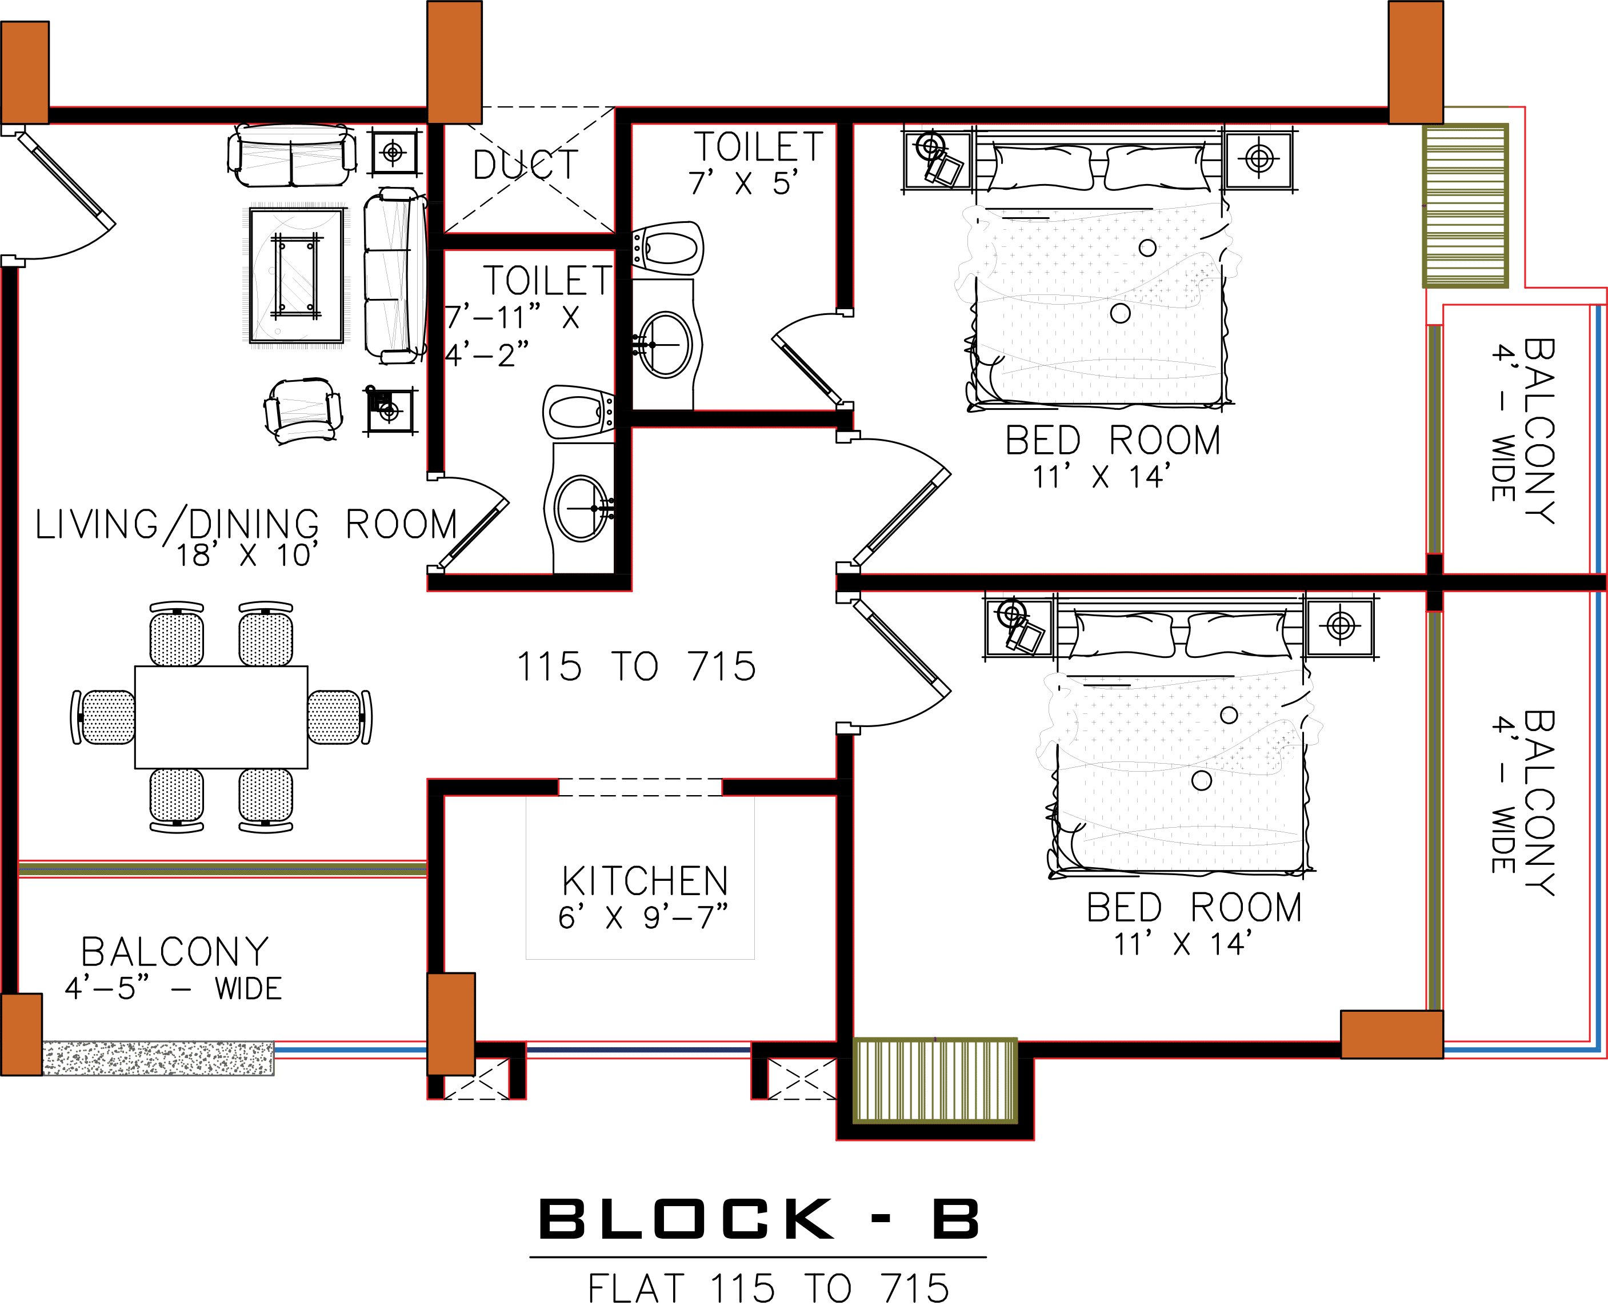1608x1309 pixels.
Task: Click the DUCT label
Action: point(526,165)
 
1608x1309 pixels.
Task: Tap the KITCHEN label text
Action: point(645,881)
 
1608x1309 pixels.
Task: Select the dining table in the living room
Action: point(221,717)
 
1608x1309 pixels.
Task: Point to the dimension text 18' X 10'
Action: point(247,556)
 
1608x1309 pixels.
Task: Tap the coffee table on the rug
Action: point(295,274)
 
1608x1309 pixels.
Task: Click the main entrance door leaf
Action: point(68,181)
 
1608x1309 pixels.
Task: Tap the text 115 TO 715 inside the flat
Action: point(635,667)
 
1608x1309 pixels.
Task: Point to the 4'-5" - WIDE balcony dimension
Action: point(173,988)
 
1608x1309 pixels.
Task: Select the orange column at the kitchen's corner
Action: point(451,1023)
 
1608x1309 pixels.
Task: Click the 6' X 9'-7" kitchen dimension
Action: point(643,917)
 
